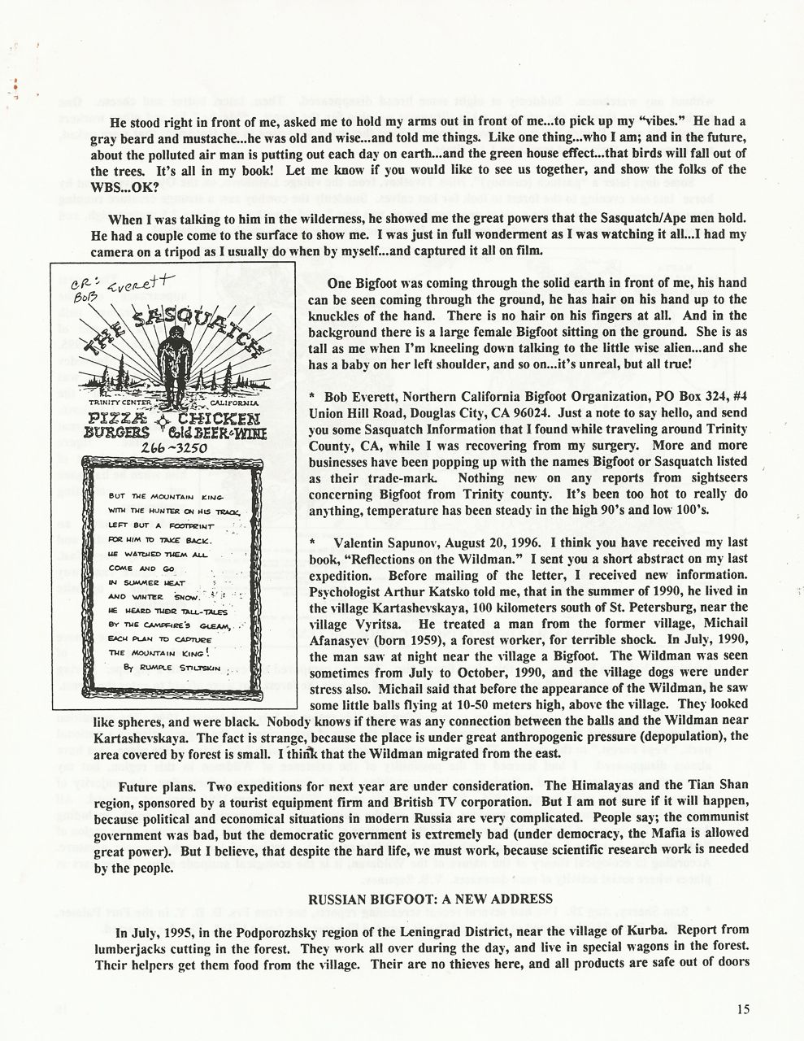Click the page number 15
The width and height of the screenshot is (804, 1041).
click(x=744, y=1009)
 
